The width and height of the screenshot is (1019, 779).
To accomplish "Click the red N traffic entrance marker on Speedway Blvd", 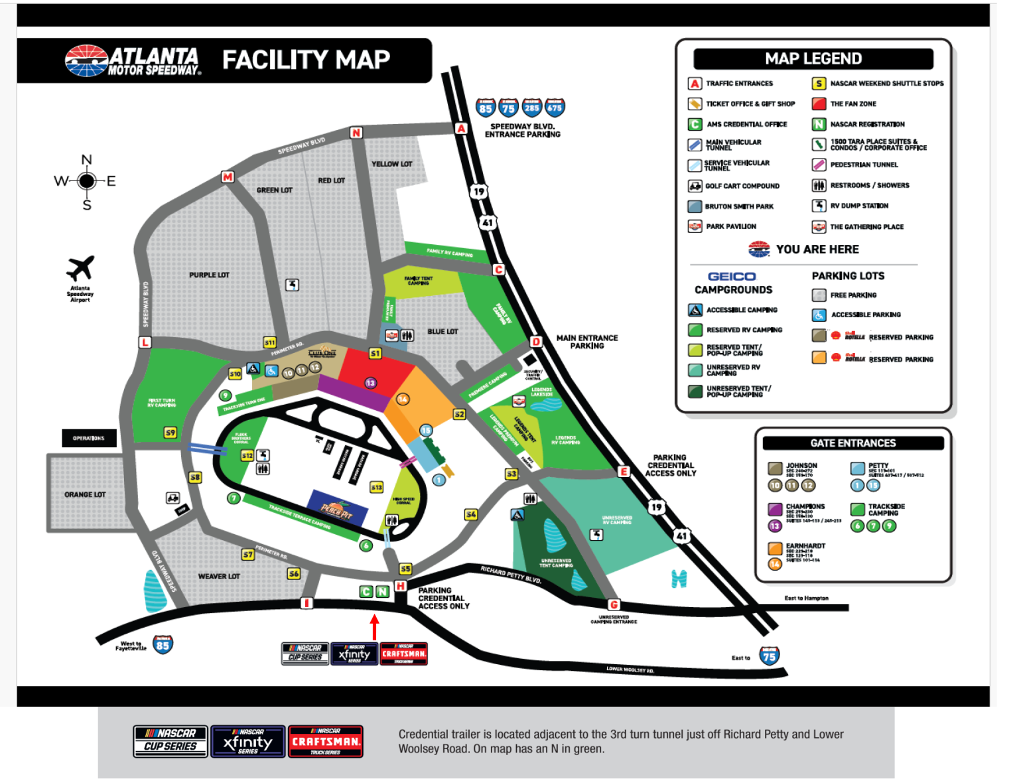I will click(356, 133).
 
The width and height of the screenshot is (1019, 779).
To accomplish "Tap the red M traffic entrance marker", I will click(228, 177).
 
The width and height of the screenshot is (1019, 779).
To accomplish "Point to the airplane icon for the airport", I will click(80, 269).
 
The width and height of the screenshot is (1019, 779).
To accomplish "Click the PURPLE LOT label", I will click(209, 275).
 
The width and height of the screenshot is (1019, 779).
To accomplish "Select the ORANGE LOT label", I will click(85, 494).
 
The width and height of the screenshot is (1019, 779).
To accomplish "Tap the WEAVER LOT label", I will click(219, 577).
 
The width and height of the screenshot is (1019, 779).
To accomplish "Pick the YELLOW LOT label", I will click(391, 164).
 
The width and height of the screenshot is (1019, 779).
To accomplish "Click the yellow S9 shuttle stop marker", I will click(170, 433).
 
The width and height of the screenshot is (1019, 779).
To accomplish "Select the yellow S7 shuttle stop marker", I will click(248, 554).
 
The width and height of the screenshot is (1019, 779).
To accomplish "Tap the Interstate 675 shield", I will click(555, 107).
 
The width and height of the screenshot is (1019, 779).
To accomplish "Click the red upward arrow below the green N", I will click(375, 626).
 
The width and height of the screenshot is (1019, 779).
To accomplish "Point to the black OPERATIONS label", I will click(89, 438).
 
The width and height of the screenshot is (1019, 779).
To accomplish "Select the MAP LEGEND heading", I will click(813, 59).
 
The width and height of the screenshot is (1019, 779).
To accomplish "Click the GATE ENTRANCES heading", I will click(852, 443).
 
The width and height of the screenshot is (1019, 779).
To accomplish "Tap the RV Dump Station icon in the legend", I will click(819, 206).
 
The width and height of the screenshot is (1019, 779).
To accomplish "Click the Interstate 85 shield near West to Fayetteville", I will click(163, 644).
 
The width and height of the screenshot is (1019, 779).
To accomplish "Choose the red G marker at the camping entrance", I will click(614, 604).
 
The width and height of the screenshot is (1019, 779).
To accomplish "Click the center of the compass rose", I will click(86, 180).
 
